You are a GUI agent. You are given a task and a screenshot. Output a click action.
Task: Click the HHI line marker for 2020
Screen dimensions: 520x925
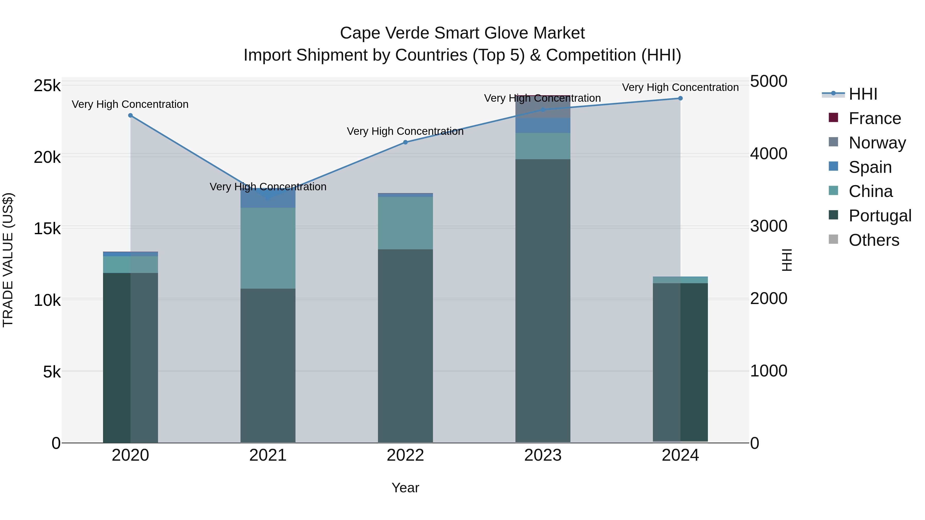[130, 116]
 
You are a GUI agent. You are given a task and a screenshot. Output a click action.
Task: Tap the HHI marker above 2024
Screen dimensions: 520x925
[680, 98]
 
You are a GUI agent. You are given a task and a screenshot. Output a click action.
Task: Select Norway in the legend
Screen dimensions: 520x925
[877, 143]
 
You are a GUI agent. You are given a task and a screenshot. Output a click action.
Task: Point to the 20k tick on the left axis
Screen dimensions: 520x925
[47, 157]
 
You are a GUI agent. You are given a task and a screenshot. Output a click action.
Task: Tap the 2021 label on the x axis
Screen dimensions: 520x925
[268, 455]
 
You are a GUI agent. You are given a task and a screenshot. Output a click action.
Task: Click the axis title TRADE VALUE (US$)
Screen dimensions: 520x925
[8, 260]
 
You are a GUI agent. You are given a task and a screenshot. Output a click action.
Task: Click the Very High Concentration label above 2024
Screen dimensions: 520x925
[680, 87]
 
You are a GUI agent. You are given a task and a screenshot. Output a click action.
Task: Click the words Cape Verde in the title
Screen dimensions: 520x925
[384, 33]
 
